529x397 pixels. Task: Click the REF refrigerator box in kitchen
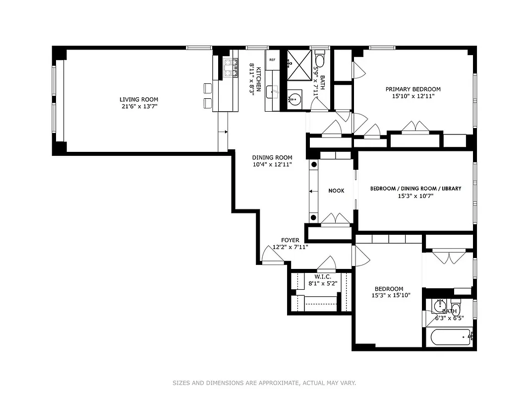point(272,60)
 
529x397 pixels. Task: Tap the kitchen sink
point(272,92)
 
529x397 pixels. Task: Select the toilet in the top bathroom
point(320,60)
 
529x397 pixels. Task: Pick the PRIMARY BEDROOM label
point(413,89)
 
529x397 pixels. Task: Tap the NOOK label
point(336,191)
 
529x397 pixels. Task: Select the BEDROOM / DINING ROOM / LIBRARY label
point(416,189)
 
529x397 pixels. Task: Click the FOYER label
point(290,240)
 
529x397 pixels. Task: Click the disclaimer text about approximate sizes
point(264,383)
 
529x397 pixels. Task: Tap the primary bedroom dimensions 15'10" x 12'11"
point(413,96)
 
